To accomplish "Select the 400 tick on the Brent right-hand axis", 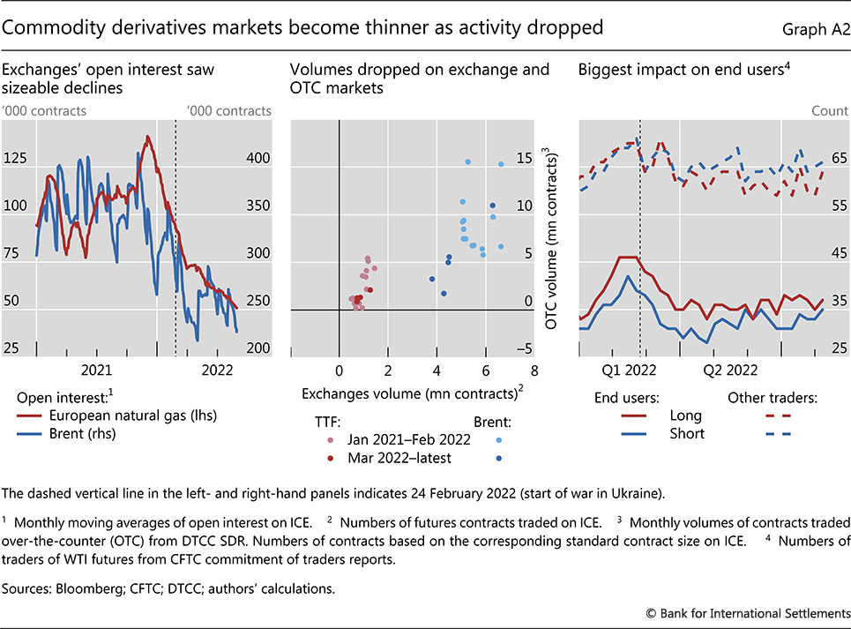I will pyautogui.click(x=258, y=158).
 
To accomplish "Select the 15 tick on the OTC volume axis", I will pyautogui.click(x=526, y=158).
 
